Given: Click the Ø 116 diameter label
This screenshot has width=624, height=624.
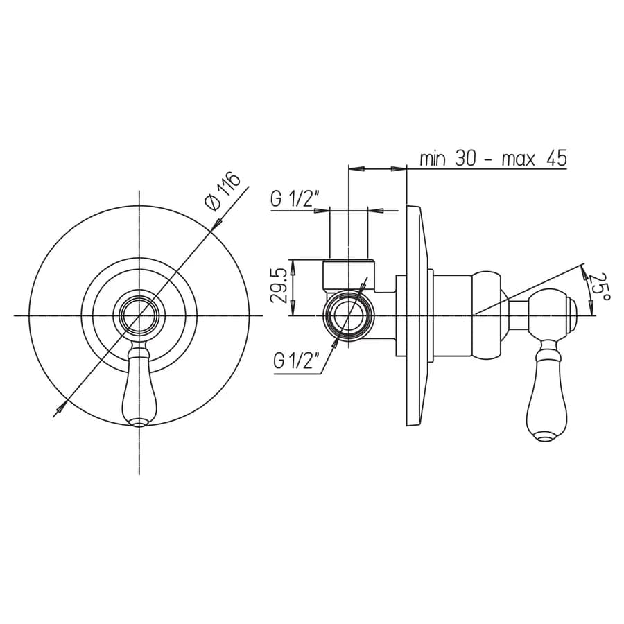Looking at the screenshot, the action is [x=223, y=191].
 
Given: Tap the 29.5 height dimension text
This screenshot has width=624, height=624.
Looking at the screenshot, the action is [x=279, y=286].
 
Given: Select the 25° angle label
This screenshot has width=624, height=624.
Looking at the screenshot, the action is [x=599, y=287].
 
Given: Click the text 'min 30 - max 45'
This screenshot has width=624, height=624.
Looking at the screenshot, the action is [x=494, y=159].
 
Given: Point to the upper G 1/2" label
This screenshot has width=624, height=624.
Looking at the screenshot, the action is [x=295, y=198].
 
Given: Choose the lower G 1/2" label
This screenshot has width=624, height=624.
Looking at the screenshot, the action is [x=297, y=361].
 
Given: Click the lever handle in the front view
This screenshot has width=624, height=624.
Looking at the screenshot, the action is [x=138, y=385].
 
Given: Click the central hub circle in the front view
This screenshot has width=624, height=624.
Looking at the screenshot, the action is [x=139, y=315].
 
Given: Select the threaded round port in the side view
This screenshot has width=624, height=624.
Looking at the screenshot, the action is [x=348, y=315].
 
